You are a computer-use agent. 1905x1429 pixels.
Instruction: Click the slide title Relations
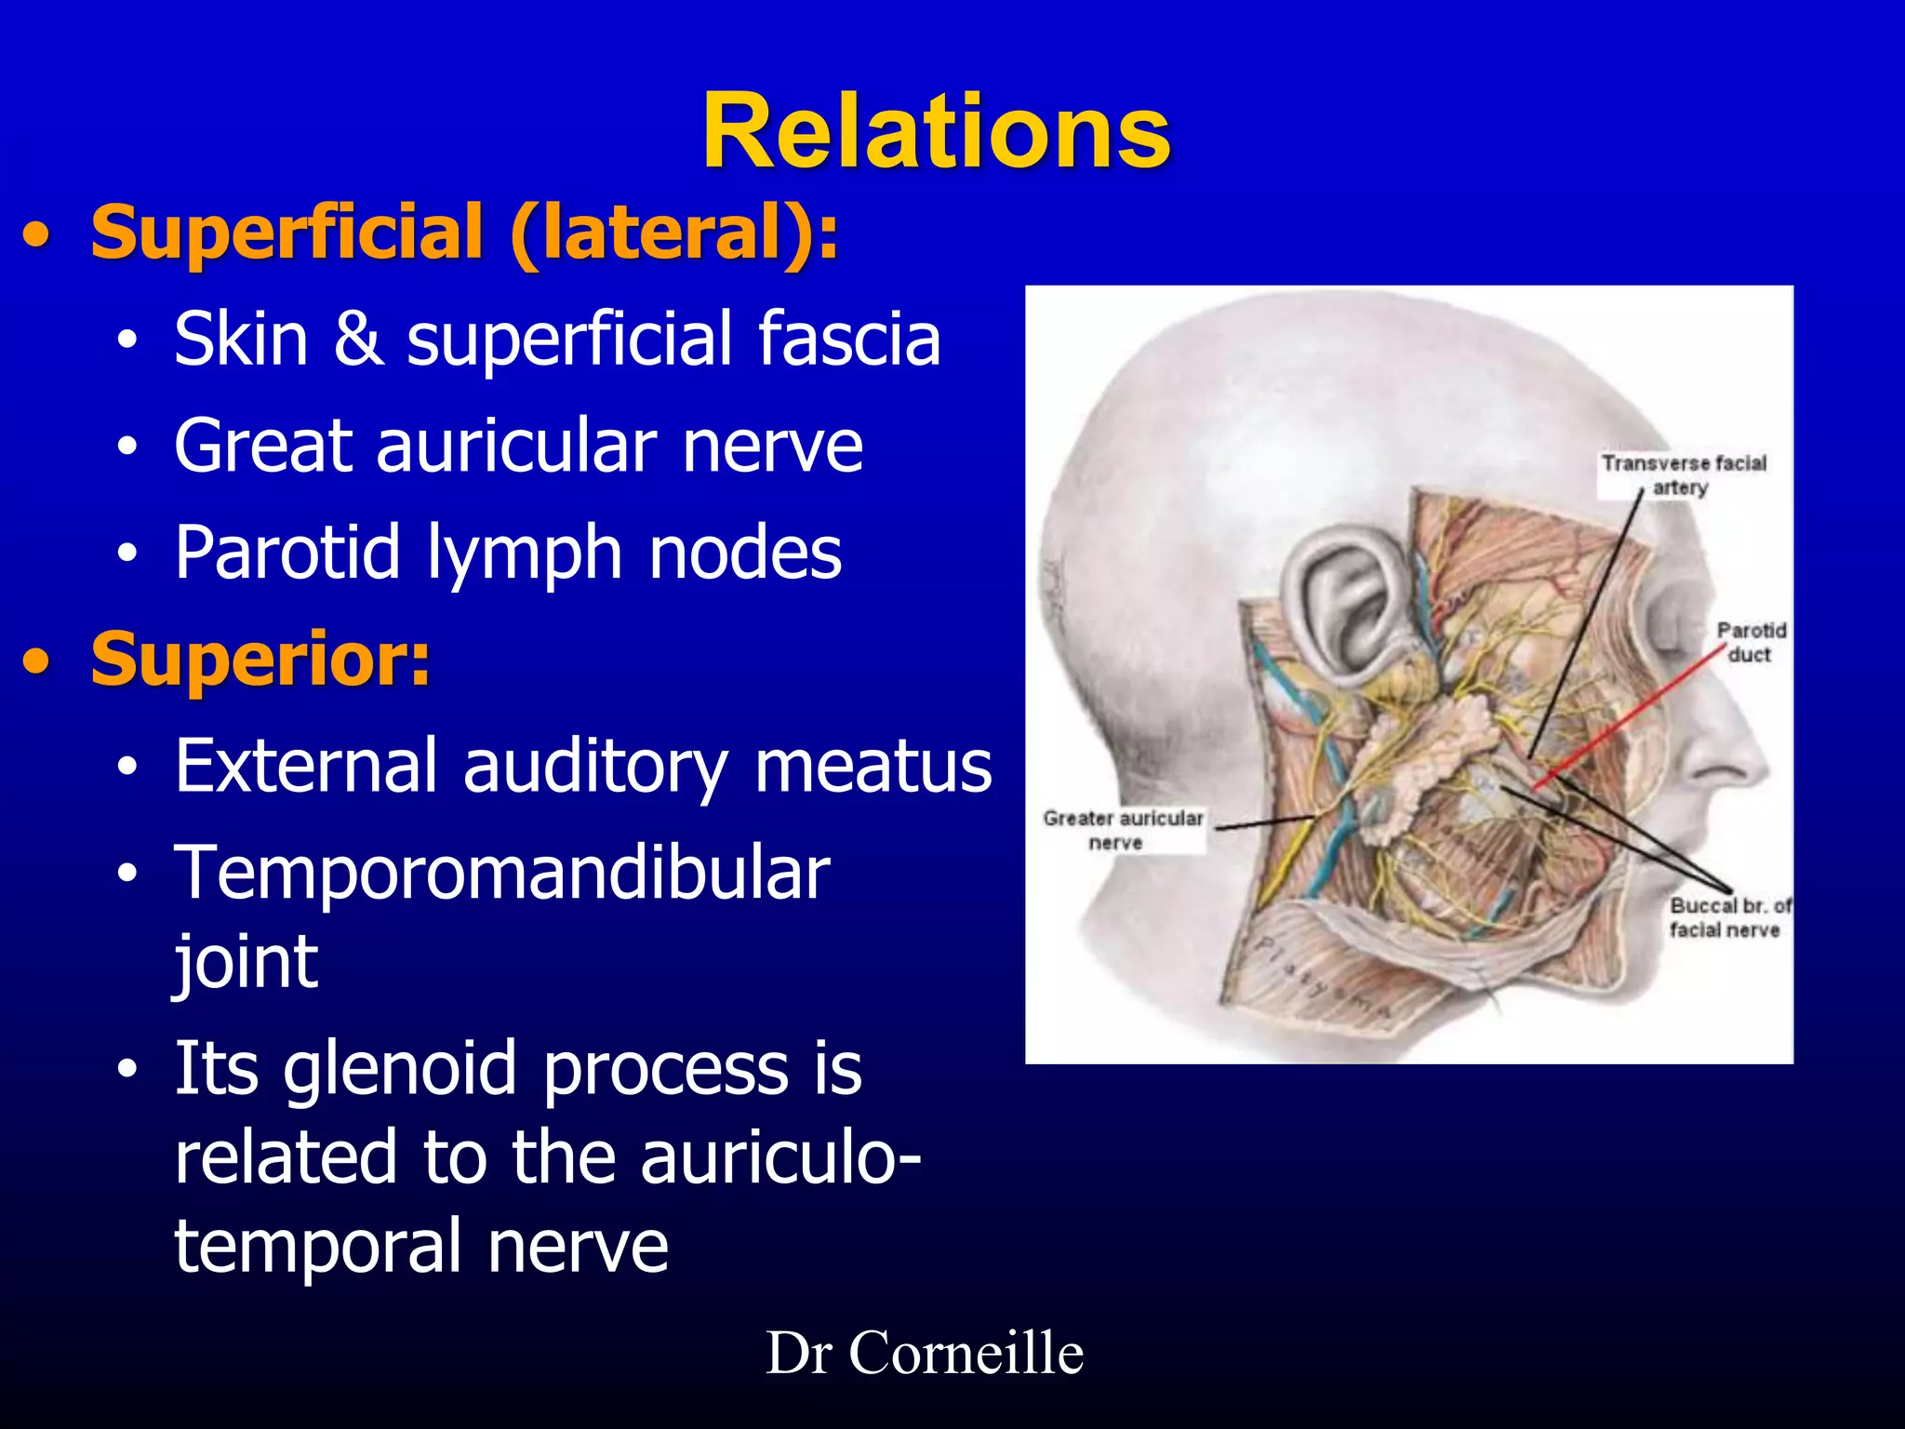coord(936,132)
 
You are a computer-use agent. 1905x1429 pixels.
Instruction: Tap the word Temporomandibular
coord(502,873)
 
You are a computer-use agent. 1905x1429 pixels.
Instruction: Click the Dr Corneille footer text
coord(925,1353)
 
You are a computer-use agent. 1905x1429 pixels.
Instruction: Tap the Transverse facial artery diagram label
coord(1683,474)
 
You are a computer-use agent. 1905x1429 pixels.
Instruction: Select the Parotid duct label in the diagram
coord(1750,642)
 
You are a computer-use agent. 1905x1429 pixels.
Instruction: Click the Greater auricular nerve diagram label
coord(1123,830)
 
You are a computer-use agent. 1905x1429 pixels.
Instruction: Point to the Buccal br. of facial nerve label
coord(1728,917)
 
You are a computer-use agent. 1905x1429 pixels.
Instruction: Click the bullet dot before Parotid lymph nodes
coord(127,554)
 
